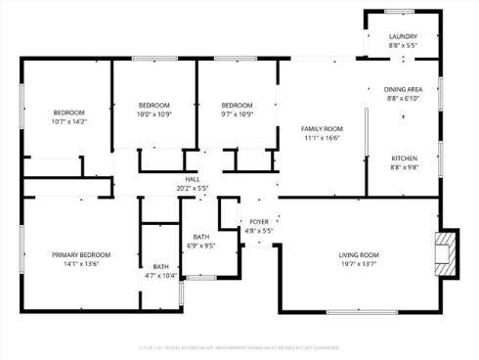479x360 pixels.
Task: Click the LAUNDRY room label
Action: [x=403, y=36]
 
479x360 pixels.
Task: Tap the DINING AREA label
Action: [x=402, y=89]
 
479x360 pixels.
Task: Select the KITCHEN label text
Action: [x=405, y=158]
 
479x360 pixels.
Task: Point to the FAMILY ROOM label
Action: [x=321, y=129]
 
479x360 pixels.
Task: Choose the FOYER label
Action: [x=259, y=222]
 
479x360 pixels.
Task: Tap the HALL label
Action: [x=193, y=180]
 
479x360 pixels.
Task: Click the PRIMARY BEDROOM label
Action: [x=81, y=254]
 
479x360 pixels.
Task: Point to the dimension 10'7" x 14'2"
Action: [x=69, y=121]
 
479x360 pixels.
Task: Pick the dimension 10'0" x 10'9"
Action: [x=154, y=114]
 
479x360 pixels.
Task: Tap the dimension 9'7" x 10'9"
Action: [x=237, y=114]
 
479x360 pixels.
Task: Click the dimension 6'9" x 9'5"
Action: [x=200, y=246]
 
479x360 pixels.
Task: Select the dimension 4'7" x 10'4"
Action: [x=160, y=276]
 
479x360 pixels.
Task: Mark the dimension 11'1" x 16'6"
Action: [x=321, y=139]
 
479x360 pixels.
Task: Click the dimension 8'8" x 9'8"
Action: [x=405, y=167]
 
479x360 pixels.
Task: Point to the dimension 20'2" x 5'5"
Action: [x=193, y=189]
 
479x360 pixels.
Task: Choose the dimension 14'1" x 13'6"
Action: [x=81, y=263]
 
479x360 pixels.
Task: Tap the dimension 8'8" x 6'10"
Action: [x=402, y=98]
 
